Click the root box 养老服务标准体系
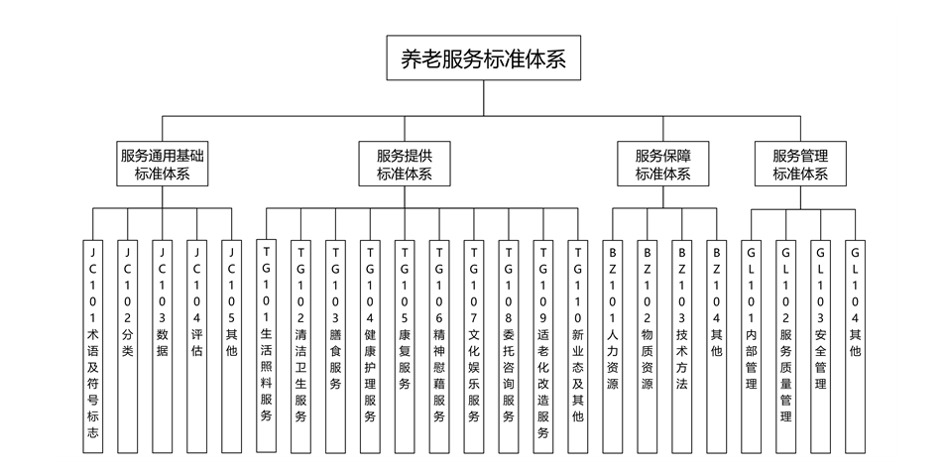coord(483,59)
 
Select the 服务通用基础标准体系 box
coord(163,165)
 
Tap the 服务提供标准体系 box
coord(405,165)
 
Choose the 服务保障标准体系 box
coord(662,165)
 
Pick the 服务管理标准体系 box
coord(799,165)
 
